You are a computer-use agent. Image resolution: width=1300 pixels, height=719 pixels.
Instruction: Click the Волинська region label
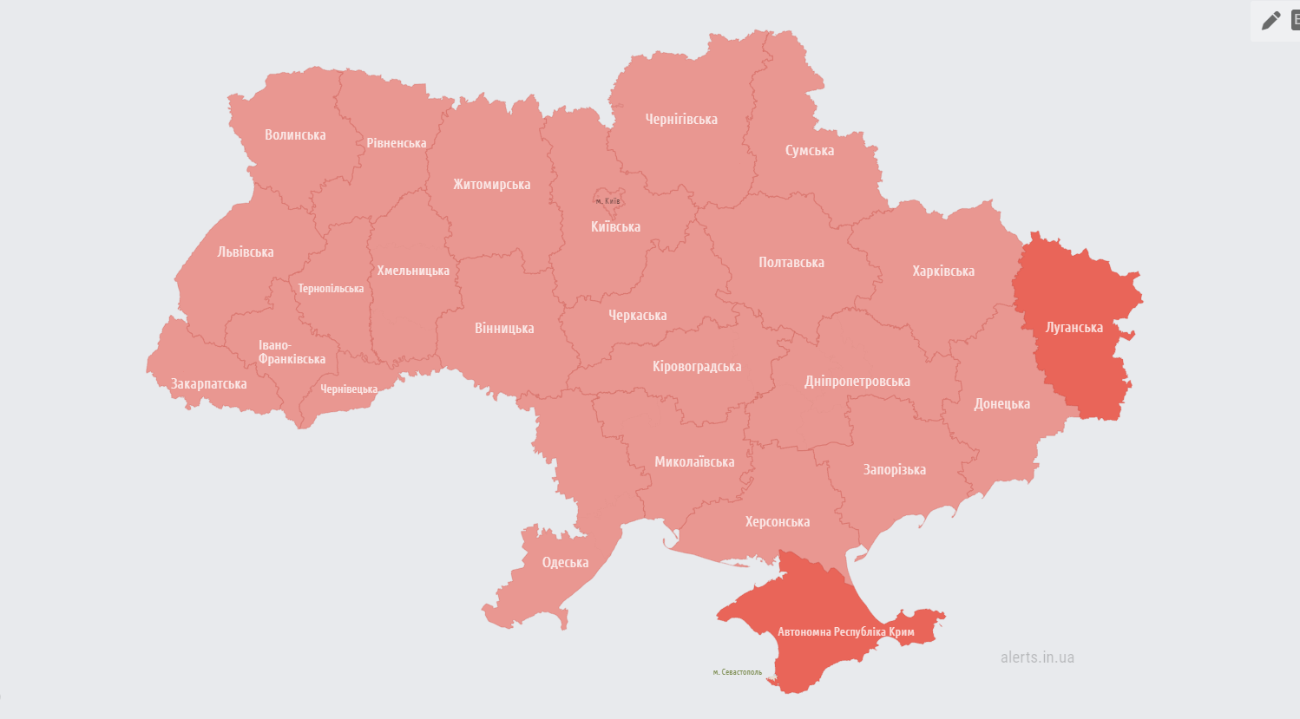[x=295, y=135]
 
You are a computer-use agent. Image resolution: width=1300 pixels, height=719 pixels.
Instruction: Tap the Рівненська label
[x=396, y=143]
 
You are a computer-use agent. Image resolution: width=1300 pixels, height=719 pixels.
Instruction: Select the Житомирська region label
[x=491, y=185]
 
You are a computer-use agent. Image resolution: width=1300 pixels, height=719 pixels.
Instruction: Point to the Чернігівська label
[x=681, y=120]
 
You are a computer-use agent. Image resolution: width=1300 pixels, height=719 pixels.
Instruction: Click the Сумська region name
[x=809, y=151]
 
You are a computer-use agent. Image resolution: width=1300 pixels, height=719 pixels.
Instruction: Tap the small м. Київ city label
[x=607, y=201]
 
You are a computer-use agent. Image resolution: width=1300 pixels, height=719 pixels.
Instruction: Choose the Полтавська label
[x=791, y=263]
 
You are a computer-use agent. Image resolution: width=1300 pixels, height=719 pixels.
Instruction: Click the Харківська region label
[x=942, y=271]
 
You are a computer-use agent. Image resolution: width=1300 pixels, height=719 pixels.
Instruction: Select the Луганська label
[x=1073, y=328]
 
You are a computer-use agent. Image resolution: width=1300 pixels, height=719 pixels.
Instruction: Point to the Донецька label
[x=1001, y=404]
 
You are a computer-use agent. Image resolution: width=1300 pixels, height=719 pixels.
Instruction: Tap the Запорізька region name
[x=894, y=470]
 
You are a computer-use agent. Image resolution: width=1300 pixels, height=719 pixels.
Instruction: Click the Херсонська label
[x=777, y=522]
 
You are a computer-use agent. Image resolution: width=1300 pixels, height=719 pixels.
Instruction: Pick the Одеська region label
[x=565, y=563]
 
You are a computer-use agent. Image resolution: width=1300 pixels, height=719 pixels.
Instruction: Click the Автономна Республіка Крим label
[x=845, y=632]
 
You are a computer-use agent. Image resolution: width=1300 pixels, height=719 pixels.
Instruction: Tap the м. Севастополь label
[x=737, y=672]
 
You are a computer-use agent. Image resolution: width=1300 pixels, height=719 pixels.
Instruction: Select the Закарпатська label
[x=208, y=384]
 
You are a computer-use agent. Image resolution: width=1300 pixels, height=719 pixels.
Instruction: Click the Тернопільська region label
[x=331, y=289]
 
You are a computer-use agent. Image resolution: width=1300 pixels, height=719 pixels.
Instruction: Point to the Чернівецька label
[x=349, y=389]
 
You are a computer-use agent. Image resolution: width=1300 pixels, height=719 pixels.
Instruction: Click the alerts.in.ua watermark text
[x=1037, y=657]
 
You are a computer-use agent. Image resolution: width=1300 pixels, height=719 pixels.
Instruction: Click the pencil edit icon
[x=1270, y=21]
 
